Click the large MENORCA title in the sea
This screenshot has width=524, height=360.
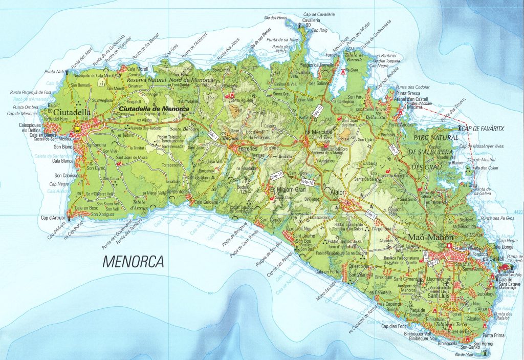click(133, 262)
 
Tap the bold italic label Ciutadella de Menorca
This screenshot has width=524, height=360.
click(154, 109)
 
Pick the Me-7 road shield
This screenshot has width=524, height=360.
click(394, 150)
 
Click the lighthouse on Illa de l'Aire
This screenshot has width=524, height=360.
click(484, 352)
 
